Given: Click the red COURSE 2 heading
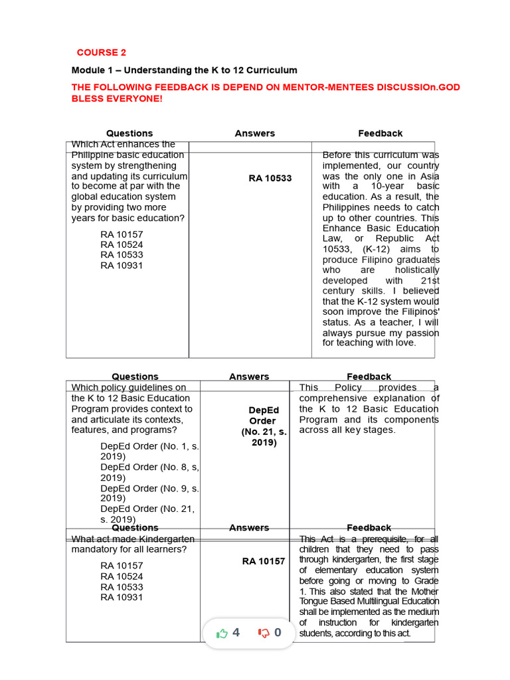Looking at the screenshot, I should (101, 52).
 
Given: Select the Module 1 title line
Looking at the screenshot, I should (184, 70).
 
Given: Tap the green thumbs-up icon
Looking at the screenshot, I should (222, 634).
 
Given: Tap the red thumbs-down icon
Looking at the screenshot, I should (264, 634).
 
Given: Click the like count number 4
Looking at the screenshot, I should (236, 633).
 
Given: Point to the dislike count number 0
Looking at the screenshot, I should (278, 633).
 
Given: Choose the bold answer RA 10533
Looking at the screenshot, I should (270, 178).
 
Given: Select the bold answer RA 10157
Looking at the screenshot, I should (263, 561).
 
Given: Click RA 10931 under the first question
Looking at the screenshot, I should (122, 266).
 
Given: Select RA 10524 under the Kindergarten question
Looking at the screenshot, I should (122, 576).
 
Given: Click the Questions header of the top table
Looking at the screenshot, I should (129, 133).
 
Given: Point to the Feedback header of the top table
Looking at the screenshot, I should (380, 133).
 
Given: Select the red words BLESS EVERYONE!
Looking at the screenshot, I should (116, 98).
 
